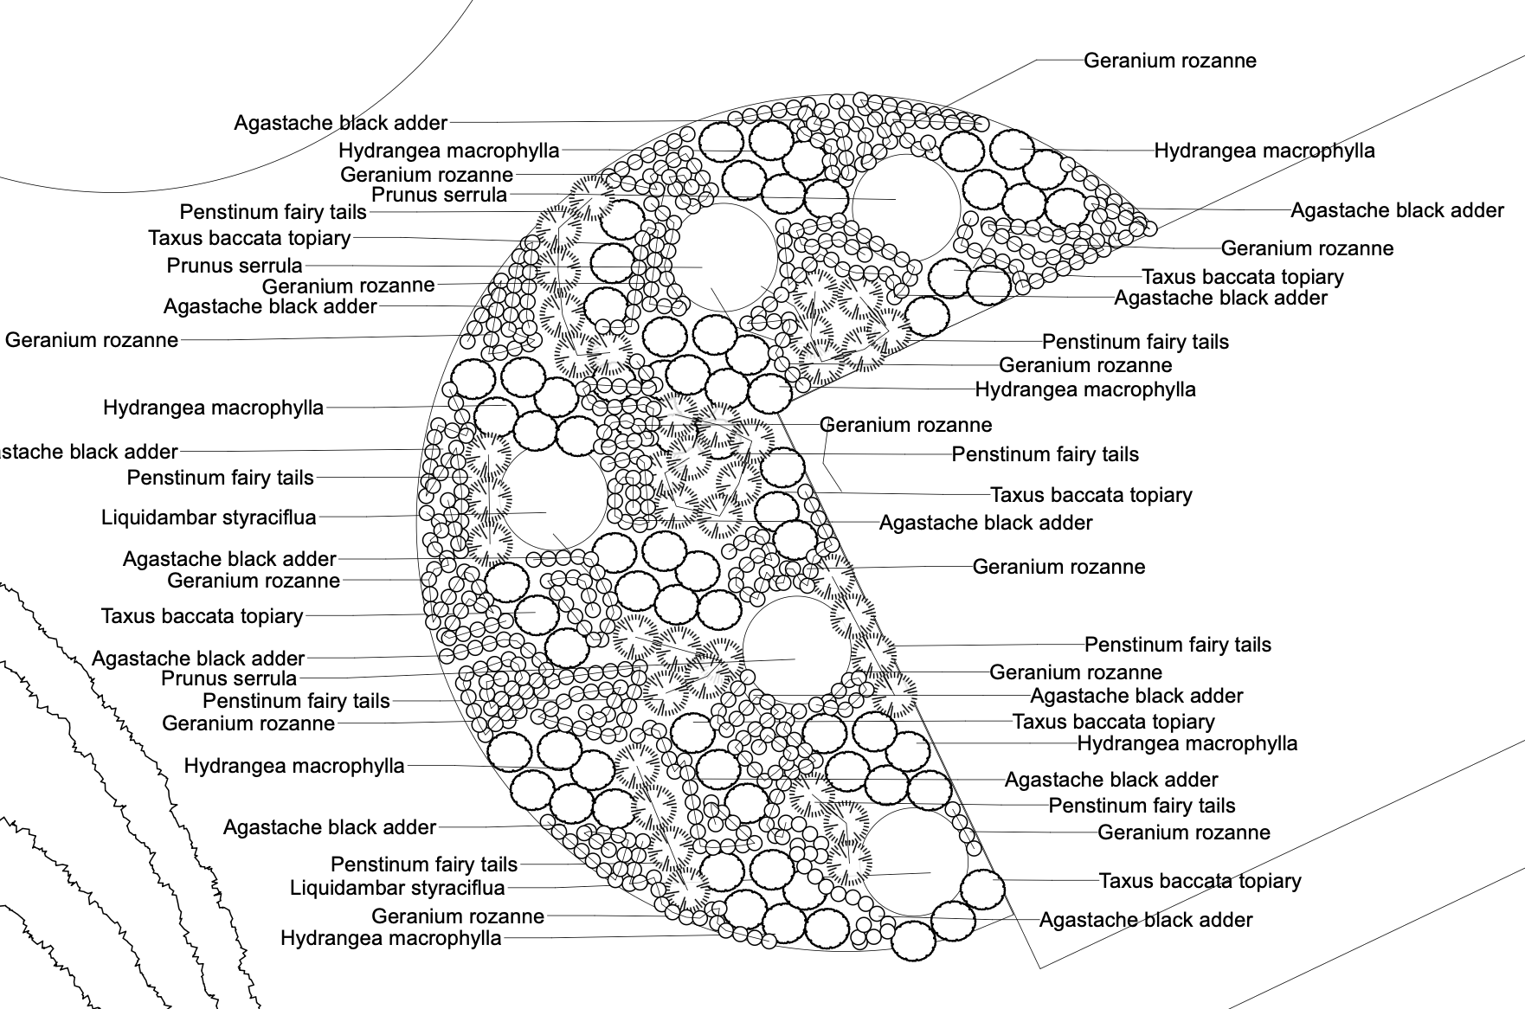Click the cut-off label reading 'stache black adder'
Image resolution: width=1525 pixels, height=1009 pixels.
point(89,452)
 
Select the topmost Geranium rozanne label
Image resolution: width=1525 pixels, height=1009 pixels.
point(1170,61)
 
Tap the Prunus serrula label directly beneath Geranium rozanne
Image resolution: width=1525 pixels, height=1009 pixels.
point(439,195)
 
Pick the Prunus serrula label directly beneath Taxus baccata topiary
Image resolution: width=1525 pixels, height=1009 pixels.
point(235,266)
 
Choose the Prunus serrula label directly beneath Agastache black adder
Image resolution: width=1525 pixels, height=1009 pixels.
point(228,678)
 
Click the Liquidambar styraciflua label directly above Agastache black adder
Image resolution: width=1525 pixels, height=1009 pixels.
point(209,517)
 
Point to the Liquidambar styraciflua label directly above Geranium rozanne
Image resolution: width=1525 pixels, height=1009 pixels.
point(397,888)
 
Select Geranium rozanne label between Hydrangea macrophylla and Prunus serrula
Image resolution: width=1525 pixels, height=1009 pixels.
point(427,175)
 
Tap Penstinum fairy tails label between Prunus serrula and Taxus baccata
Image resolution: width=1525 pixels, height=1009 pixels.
point(273,212)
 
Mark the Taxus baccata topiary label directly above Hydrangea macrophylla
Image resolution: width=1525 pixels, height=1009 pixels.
point(1113,722)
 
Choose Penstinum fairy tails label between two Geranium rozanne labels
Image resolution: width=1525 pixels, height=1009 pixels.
point(1177,645)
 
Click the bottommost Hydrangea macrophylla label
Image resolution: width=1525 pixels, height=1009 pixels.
point(391,938)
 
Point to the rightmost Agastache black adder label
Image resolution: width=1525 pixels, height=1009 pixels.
point(1397,210)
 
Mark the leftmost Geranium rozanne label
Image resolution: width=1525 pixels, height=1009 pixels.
point(92,340)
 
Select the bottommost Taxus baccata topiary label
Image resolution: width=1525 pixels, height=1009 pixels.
point(1200,881)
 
